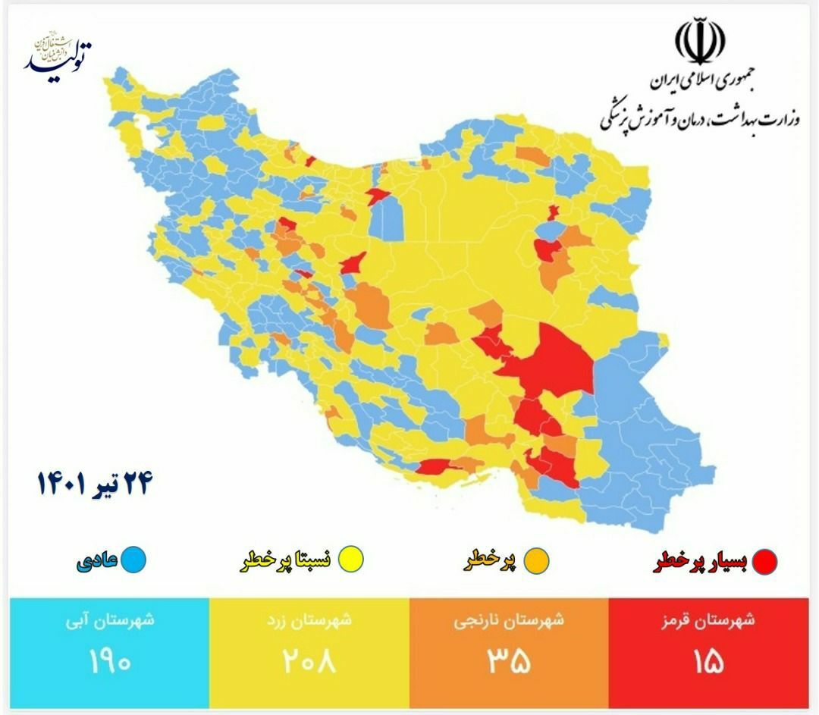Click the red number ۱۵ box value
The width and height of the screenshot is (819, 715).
(x=708, y=660)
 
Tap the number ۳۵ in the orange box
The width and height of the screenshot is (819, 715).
(x=508, y=660)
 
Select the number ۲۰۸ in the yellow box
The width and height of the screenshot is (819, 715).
(x=308, y=660)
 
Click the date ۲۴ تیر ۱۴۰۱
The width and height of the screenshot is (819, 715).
(x=94, y=483)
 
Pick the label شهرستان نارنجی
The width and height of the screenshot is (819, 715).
(x=509, y=620)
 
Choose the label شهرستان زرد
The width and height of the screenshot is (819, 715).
(x=308, y=620)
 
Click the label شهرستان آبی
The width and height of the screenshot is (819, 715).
(x=108, y=620)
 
